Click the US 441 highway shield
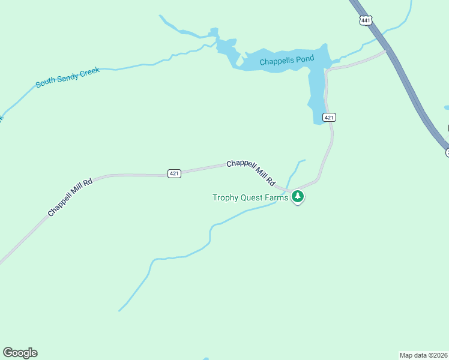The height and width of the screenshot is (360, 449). pos(366,20)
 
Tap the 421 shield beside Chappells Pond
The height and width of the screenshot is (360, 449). pos(328,117)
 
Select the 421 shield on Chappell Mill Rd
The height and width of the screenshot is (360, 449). pos(174,173)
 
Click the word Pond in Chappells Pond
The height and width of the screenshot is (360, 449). pos(303,59)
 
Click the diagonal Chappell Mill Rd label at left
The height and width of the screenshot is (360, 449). pos(70,197)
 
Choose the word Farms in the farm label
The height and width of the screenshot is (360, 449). pos(277,197)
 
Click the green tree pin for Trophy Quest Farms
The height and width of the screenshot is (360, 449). pos(297,196)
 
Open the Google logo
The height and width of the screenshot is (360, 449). pos(20,353)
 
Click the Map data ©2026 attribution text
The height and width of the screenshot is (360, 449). pos(423,355)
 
